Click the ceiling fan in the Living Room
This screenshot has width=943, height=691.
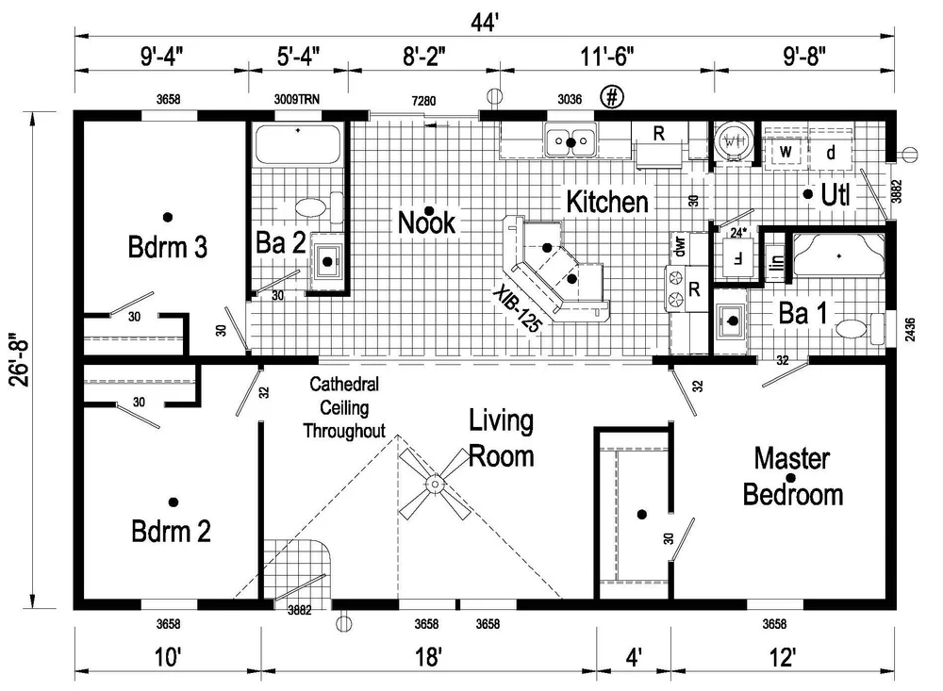pyautogui.click(x=435, y=485)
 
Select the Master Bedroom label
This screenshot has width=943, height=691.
pyautogui.click(x=792, y=477)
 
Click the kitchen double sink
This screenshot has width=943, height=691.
pyautogui.click(x=571, y=142)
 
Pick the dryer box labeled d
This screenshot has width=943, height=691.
pyautogui.click(x=831, y=151)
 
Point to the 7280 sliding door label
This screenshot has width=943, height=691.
pyautogui.click(x=422, y=98)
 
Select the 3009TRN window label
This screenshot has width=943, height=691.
pyautogui.click(x=297, y=98)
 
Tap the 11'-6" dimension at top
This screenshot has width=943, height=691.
pyautogui.click(x=604, y=56)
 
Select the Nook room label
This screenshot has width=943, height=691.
pyautogui.click(x=426, y=222)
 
